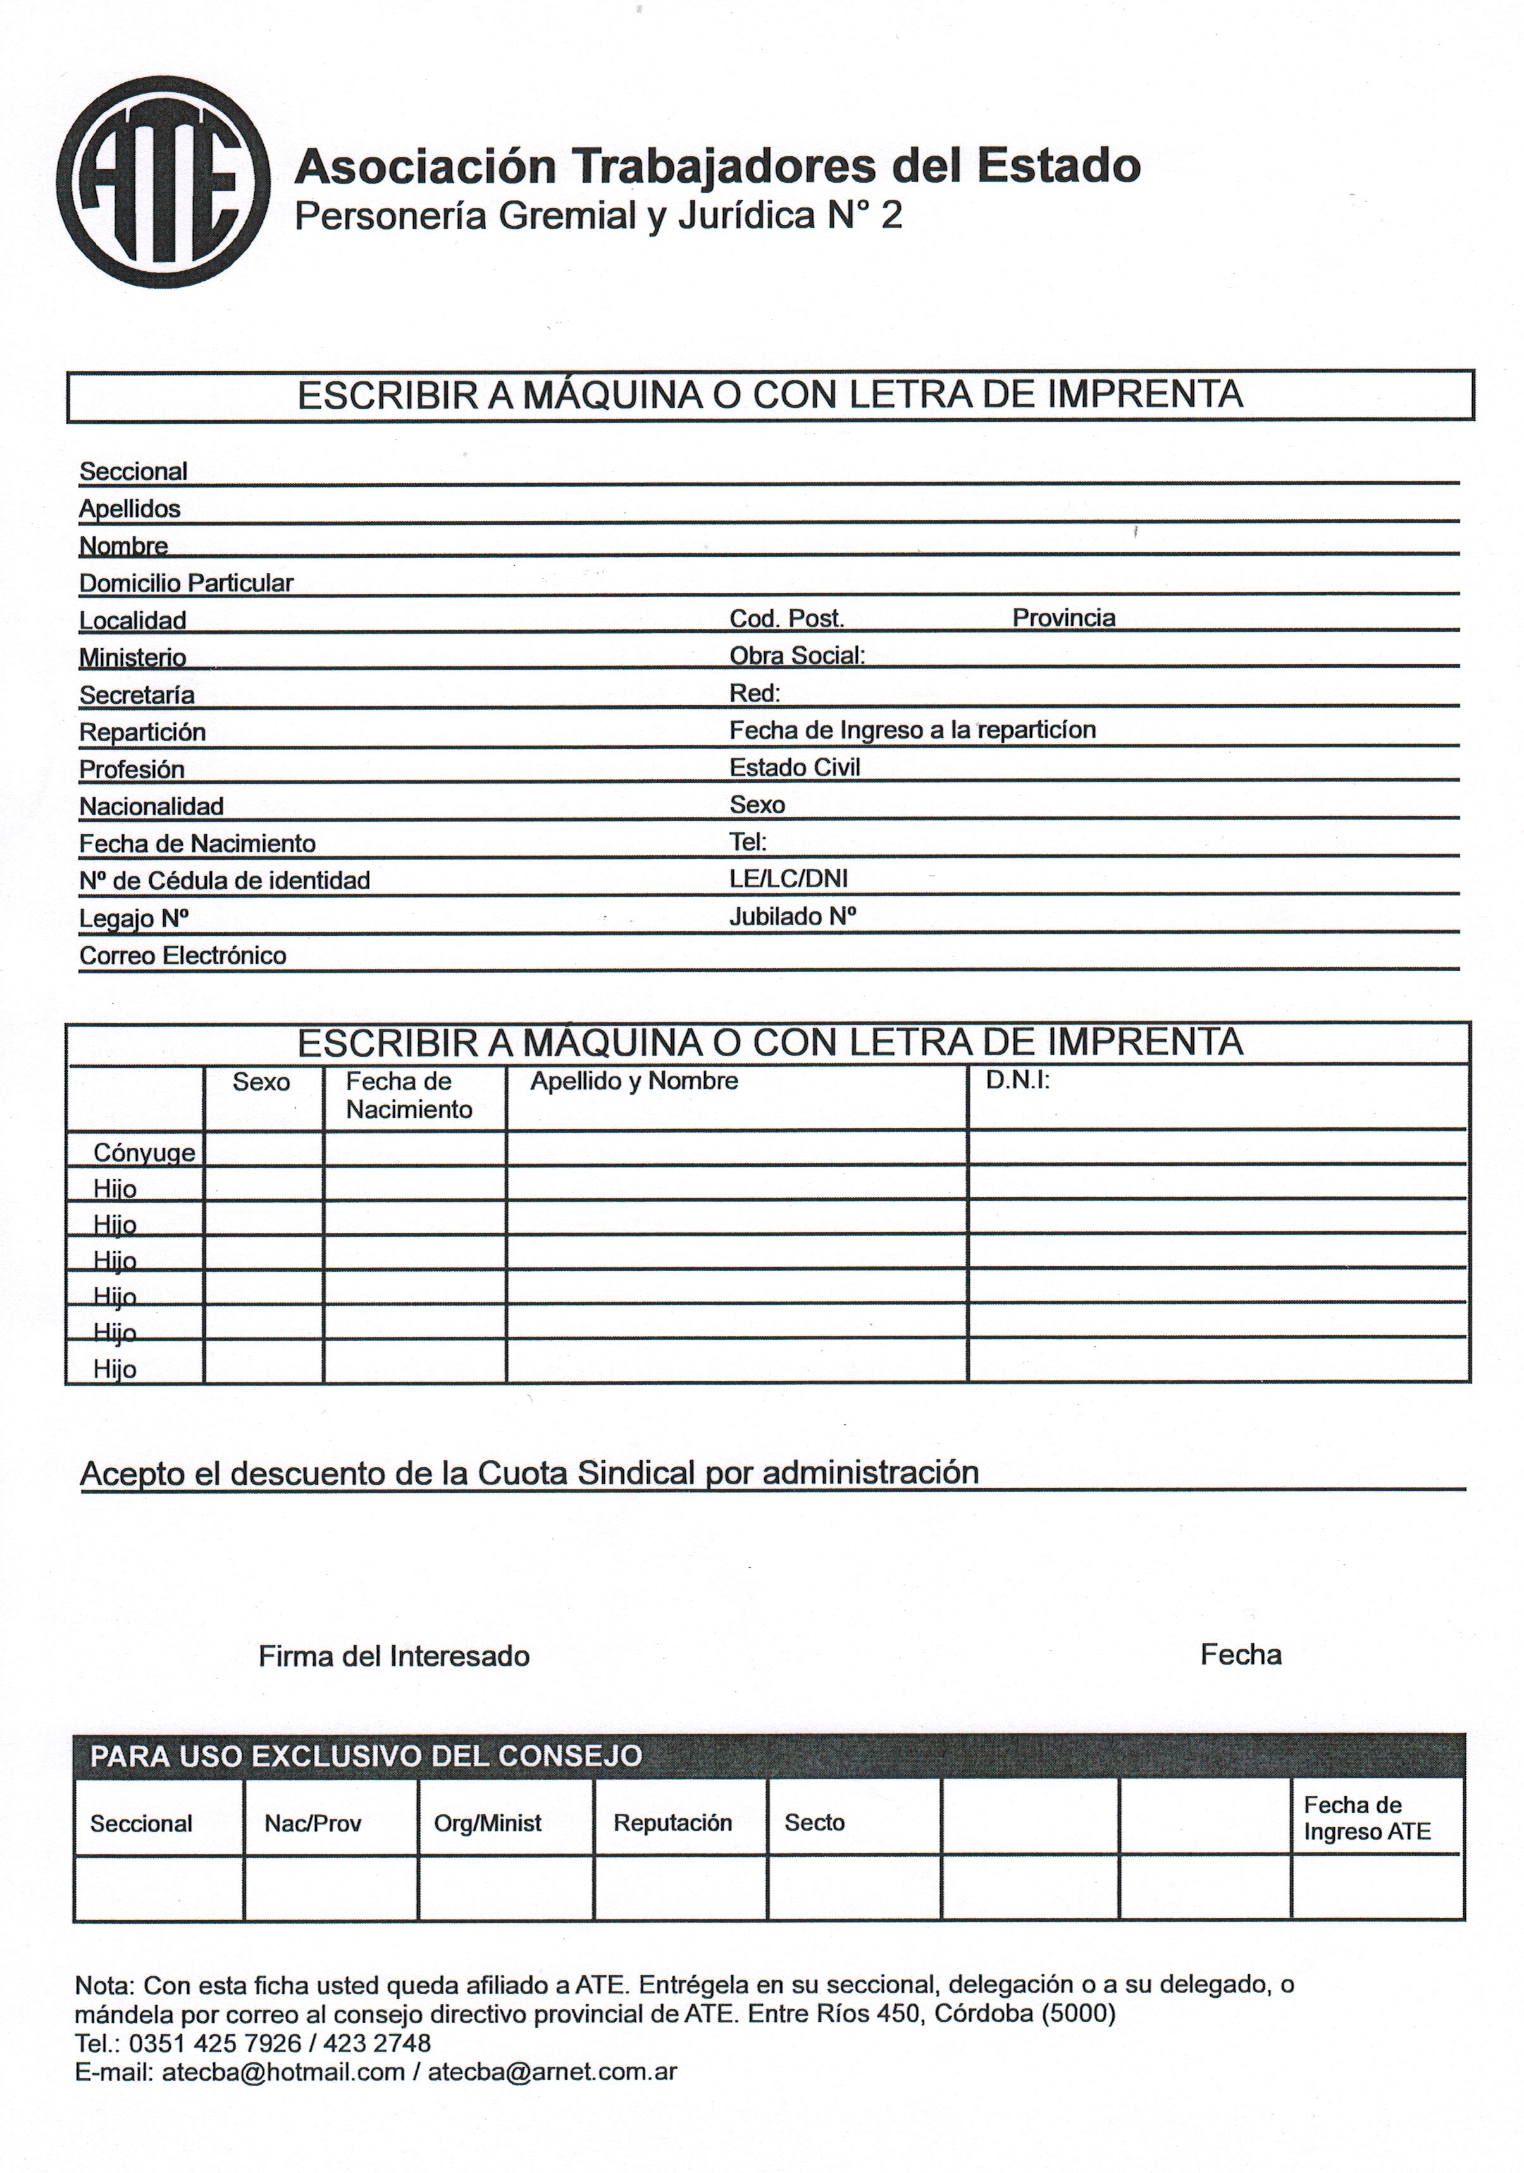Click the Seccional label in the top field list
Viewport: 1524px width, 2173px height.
click(133, 471)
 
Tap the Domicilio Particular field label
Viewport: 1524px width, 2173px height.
click(185, 583)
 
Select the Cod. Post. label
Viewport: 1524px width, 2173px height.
click(786, 619)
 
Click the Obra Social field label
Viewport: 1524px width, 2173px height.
click(797, 656)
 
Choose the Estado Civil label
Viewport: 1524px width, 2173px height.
click(794, 768)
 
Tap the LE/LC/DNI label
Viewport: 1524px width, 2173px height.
click(788, 879)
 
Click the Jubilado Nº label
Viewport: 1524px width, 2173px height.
click(792, 916)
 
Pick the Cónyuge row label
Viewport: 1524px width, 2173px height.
click(144, 1153)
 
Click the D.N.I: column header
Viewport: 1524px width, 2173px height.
click(1017, 1081)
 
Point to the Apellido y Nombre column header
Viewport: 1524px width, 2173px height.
click(633, 1081)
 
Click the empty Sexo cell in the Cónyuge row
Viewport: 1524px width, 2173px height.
click(263, 1149)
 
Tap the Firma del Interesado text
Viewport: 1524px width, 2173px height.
click(393, 1656)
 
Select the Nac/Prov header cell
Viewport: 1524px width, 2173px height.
click(313, 1824)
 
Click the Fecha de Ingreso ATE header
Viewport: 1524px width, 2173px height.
click(1366, 1818)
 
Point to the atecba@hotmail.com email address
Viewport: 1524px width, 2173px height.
click(283, 2072)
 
